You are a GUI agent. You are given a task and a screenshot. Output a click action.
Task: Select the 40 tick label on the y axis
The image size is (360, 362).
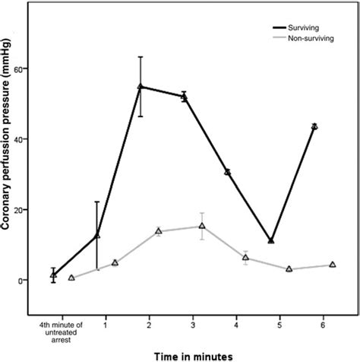coord(19,139)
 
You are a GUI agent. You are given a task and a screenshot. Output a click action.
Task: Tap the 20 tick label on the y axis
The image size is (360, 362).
coord(19,210)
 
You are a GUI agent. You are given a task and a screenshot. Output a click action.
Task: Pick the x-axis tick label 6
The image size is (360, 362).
coord(324,322)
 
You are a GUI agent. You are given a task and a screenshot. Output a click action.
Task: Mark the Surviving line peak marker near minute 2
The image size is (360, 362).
coord(141,87)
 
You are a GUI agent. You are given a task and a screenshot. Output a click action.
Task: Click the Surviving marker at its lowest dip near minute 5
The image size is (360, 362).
coord(271,241)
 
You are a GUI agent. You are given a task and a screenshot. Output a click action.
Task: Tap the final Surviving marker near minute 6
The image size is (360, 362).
coord(314,126)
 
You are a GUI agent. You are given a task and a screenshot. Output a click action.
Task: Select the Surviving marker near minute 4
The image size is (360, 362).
coord(227,172)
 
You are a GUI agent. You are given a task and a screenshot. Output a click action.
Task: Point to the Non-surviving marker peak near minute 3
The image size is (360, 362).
coord(202,226)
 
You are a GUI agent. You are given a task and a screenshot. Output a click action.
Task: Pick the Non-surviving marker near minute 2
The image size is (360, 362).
coord(159,231)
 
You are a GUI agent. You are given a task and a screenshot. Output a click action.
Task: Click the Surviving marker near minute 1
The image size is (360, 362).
coord(96,236)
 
